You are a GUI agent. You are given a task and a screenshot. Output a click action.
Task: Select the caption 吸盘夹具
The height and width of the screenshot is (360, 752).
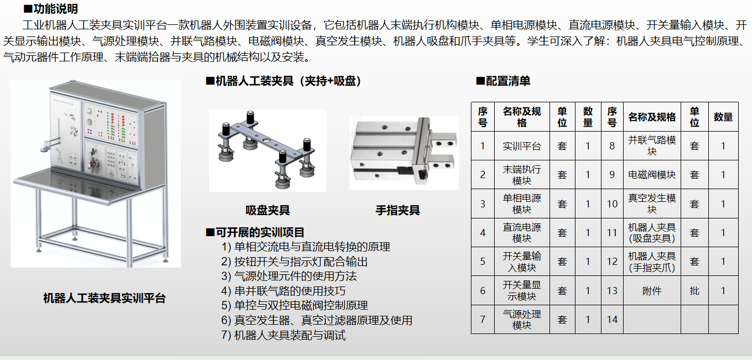tap(268, 210)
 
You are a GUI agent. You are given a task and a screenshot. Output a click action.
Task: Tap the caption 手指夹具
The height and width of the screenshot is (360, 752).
tap(397, 210)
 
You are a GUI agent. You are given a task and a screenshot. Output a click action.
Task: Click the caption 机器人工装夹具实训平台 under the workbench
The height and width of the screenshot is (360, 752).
tap(105, 298)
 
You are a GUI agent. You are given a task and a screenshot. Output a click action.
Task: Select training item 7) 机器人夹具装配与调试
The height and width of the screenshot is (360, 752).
tap(283, 335)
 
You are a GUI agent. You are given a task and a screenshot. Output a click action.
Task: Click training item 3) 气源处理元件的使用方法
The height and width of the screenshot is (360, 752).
tap(289, 276)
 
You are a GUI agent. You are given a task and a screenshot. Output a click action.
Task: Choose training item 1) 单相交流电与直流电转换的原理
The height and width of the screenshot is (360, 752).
tap(305, 247)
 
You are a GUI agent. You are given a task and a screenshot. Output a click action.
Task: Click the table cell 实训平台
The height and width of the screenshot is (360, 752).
tap(522, 146)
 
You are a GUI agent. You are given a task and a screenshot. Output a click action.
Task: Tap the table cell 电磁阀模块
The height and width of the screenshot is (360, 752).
tap(652, 174)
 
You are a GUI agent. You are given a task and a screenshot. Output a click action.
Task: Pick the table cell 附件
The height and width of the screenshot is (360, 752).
tap(652, 290)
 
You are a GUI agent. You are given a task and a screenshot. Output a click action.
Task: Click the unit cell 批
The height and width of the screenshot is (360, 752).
tap(694, 290)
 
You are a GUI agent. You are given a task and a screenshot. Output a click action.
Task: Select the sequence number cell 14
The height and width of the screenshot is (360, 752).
tap(612, 320)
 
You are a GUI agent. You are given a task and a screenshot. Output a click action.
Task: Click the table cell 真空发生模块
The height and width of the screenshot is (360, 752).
tap(652, 204)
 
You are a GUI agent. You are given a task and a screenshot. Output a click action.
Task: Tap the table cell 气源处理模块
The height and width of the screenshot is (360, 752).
tap(522, 320)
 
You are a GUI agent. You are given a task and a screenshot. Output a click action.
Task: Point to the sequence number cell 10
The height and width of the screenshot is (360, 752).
tap(612, 204)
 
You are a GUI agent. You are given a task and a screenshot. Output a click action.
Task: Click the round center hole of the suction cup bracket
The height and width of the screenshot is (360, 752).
tap(266, 140)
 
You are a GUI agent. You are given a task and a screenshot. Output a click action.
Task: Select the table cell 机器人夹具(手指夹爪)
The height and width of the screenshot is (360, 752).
tap(652, 262)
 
